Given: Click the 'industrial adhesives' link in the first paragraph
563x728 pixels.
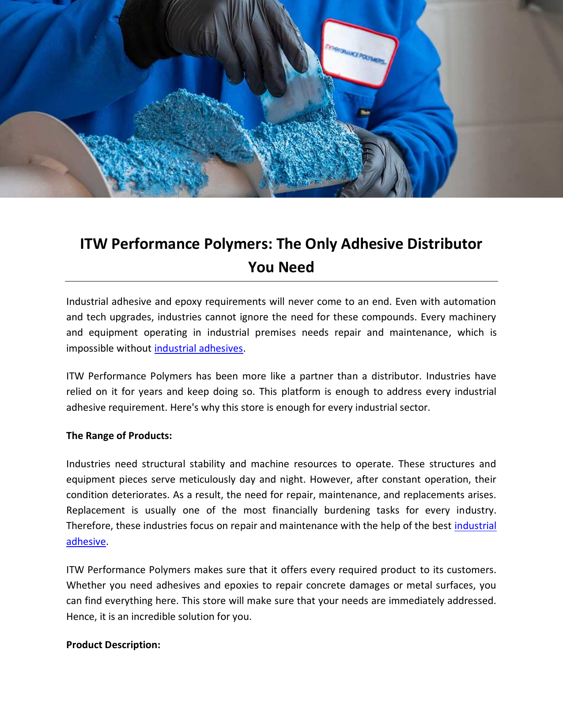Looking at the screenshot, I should (x=198, y=349).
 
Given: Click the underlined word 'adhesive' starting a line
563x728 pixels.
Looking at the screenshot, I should (x=86, y=542).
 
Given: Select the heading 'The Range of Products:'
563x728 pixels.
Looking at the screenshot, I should (x=119, y=436).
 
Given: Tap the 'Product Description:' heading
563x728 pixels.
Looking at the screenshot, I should (x=113, y=645).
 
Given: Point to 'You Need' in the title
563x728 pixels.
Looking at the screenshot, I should (x=281, y=267).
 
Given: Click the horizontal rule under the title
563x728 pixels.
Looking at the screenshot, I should (x=281, y=281).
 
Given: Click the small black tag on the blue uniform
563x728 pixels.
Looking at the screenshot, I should (x=365, y=113).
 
